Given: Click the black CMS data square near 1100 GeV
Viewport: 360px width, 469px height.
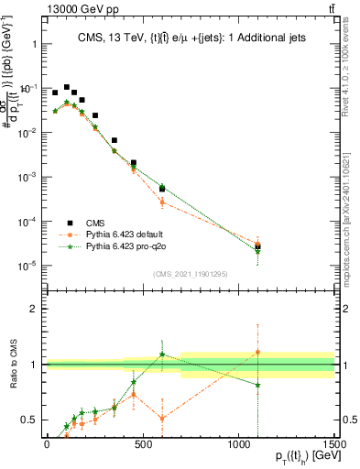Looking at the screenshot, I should click(x=257, y=245).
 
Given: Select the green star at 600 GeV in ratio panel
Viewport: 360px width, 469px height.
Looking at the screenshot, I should click(x=161, y=354).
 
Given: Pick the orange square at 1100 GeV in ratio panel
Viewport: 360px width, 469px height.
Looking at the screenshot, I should click(x=257, y=352).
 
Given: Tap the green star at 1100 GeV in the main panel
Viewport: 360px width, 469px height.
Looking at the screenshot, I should click(x=257, y=251).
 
